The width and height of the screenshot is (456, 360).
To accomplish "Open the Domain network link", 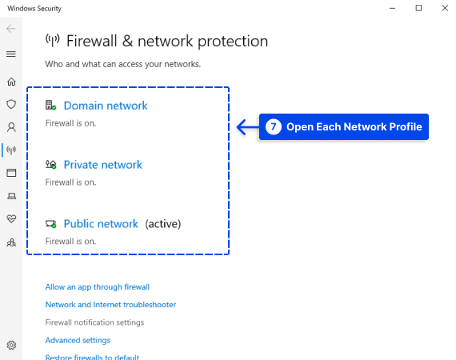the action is coord(106,106).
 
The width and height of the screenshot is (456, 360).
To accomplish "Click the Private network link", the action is coord(103,165).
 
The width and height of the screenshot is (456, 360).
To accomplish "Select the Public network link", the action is coord(101,224).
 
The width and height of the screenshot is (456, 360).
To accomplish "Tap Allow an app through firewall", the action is coord(98,287).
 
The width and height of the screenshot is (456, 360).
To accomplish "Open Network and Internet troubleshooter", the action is coord(110,305).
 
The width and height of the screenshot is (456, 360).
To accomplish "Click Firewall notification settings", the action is coord(94,322).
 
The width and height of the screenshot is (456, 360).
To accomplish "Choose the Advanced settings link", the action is coord(78,340).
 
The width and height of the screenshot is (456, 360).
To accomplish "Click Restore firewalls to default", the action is coord(92,357).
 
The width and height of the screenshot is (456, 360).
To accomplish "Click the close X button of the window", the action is coord(445,8).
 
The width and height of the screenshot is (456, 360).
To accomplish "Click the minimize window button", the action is coord(392,9).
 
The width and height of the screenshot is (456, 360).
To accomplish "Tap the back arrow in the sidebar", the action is coord(11,29).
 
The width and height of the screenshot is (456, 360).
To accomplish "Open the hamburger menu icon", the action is coord(11,54).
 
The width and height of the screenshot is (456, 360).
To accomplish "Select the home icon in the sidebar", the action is coord(11,82).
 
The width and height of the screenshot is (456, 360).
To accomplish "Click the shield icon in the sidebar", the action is coord(11,104).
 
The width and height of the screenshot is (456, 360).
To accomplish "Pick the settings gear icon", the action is coord(11,345).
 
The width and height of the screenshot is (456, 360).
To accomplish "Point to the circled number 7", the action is coord(274,126).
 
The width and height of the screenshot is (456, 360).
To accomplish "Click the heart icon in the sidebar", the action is coord(11,218).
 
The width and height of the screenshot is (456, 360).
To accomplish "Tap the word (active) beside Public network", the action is coord(163,224).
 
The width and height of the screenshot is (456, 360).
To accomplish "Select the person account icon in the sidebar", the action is coord(11,127).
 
